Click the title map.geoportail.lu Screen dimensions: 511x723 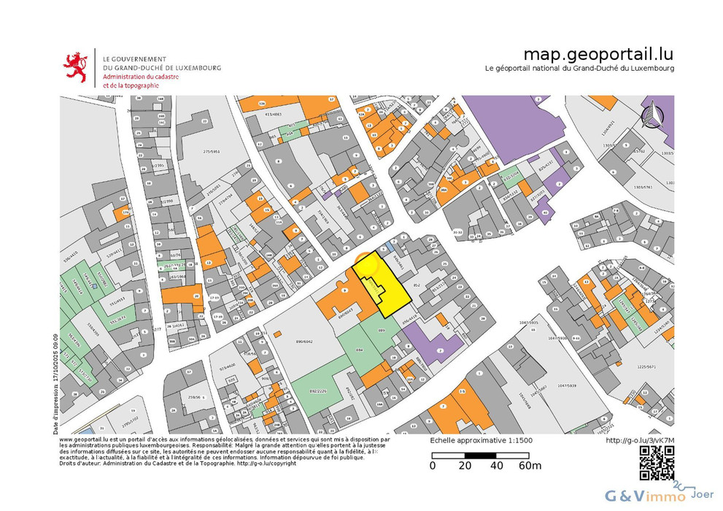[598, 54]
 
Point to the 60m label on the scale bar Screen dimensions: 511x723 [529, 466]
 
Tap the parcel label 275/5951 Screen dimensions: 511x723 [210, 152]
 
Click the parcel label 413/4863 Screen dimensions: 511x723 [272, 114]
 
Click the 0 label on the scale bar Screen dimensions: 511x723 [433, 466]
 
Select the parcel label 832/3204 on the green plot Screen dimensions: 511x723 [513, 177]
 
